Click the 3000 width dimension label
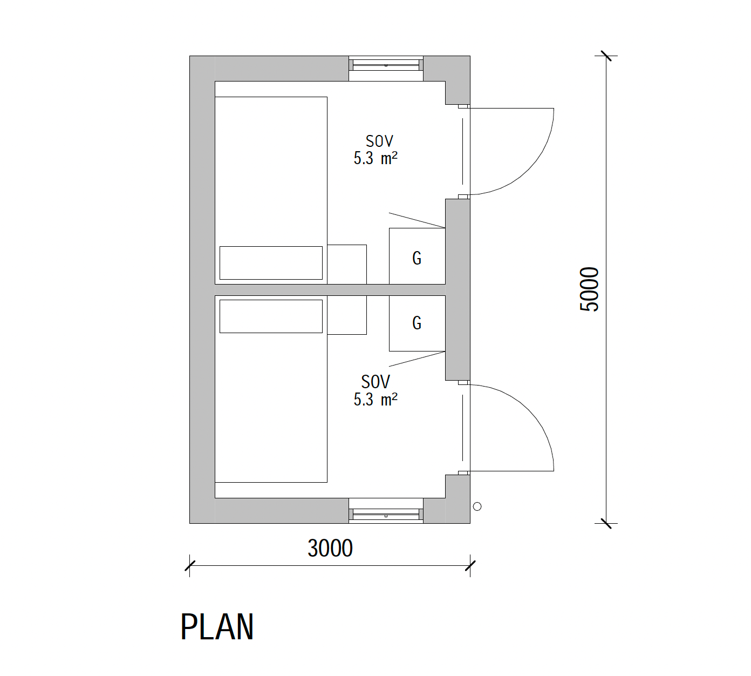[x=330, y=548]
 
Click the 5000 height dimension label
[x=589, y=289]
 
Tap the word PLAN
[x=217, y=627]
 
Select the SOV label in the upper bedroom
[x=379, y=141]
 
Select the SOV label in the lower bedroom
[x=375, y=382]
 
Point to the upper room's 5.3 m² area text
[x=375, y=158]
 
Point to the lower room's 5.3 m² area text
[x=375, y=400]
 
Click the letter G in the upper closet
[x=417, y=258]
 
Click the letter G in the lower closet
[x=417, y=323]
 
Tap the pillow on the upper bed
[x=271, y=263]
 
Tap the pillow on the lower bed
[x=271, y=316]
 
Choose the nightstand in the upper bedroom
[x=347, y=265]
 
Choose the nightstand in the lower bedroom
[x=347, y=315]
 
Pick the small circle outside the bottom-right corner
[x=477, y=506]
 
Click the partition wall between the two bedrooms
[x=330, y=290]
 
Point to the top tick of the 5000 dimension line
[x=606, y=56]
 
